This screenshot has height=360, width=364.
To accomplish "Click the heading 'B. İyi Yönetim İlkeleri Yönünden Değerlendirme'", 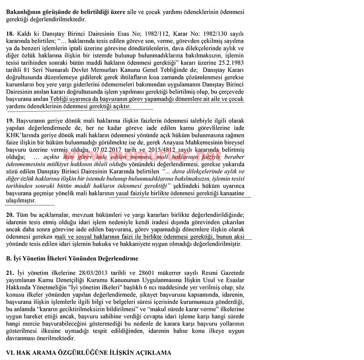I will [72, 258].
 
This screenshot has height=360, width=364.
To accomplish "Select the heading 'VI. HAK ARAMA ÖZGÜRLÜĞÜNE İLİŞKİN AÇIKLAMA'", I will [88, 353].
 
